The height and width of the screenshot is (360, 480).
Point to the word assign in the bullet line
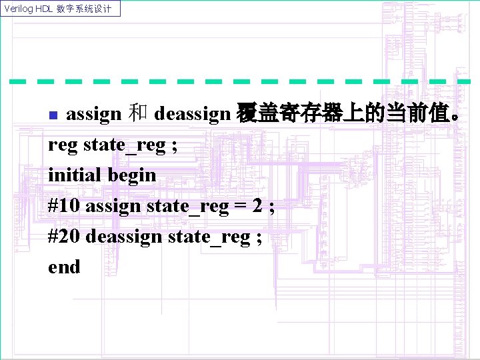(93, 114)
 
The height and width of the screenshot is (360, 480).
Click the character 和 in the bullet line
(137, 114)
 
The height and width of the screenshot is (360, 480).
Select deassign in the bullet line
(191, 114)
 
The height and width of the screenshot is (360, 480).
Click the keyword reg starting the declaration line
(63, 145)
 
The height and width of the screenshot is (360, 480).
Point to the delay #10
(63, 205)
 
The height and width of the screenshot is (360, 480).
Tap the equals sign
(238, 206)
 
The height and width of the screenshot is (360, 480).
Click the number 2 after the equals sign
(257, 205)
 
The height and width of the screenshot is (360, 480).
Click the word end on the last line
(64, 267)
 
